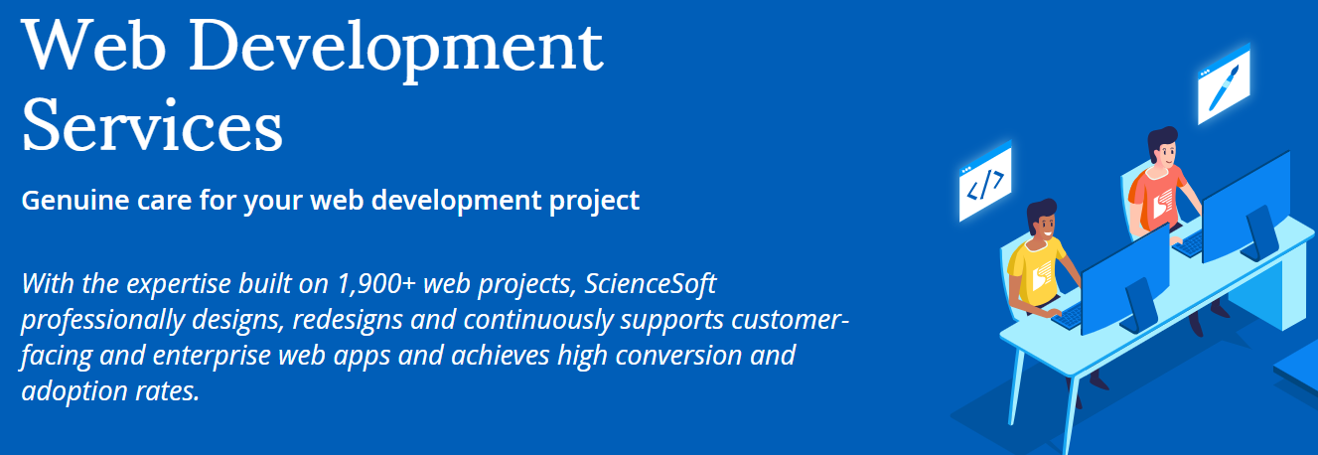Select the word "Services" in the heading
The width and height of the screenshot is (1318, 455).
tap(152, 126)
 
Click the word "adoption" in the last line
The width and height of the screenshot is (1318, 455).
tap(66, 390)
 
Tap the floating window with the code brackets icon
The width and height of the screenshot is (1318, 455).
tap(984, 183)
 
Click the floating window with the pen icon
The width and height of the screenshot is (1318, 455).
tap(1223, 85)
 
